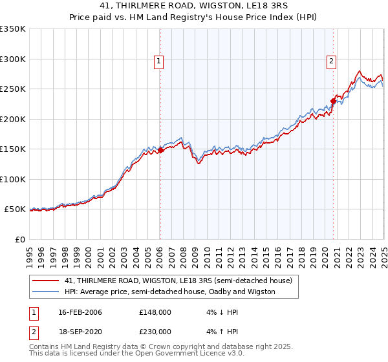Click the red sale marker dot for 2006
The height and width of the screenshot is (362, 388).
[x=160, y=151]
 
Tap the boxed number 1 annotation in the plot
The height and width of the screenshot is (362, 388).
[x=158, y=62]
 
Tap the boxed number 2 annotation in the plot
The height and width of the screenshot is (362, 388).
[x=330, y=62]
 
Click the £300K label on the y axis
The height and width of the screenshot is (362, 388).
[x=13, y=59]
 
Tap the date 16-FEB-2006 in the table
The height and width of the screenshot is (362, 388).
[x=80, y=312]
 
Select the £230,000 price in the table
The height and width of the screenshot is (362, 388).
[x=155, y=332]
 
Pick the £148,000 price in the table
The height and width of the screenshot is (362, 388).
[x=155, y=312]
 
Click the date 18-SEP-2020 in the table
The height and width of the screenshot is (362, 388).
[x=80, y=332]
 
